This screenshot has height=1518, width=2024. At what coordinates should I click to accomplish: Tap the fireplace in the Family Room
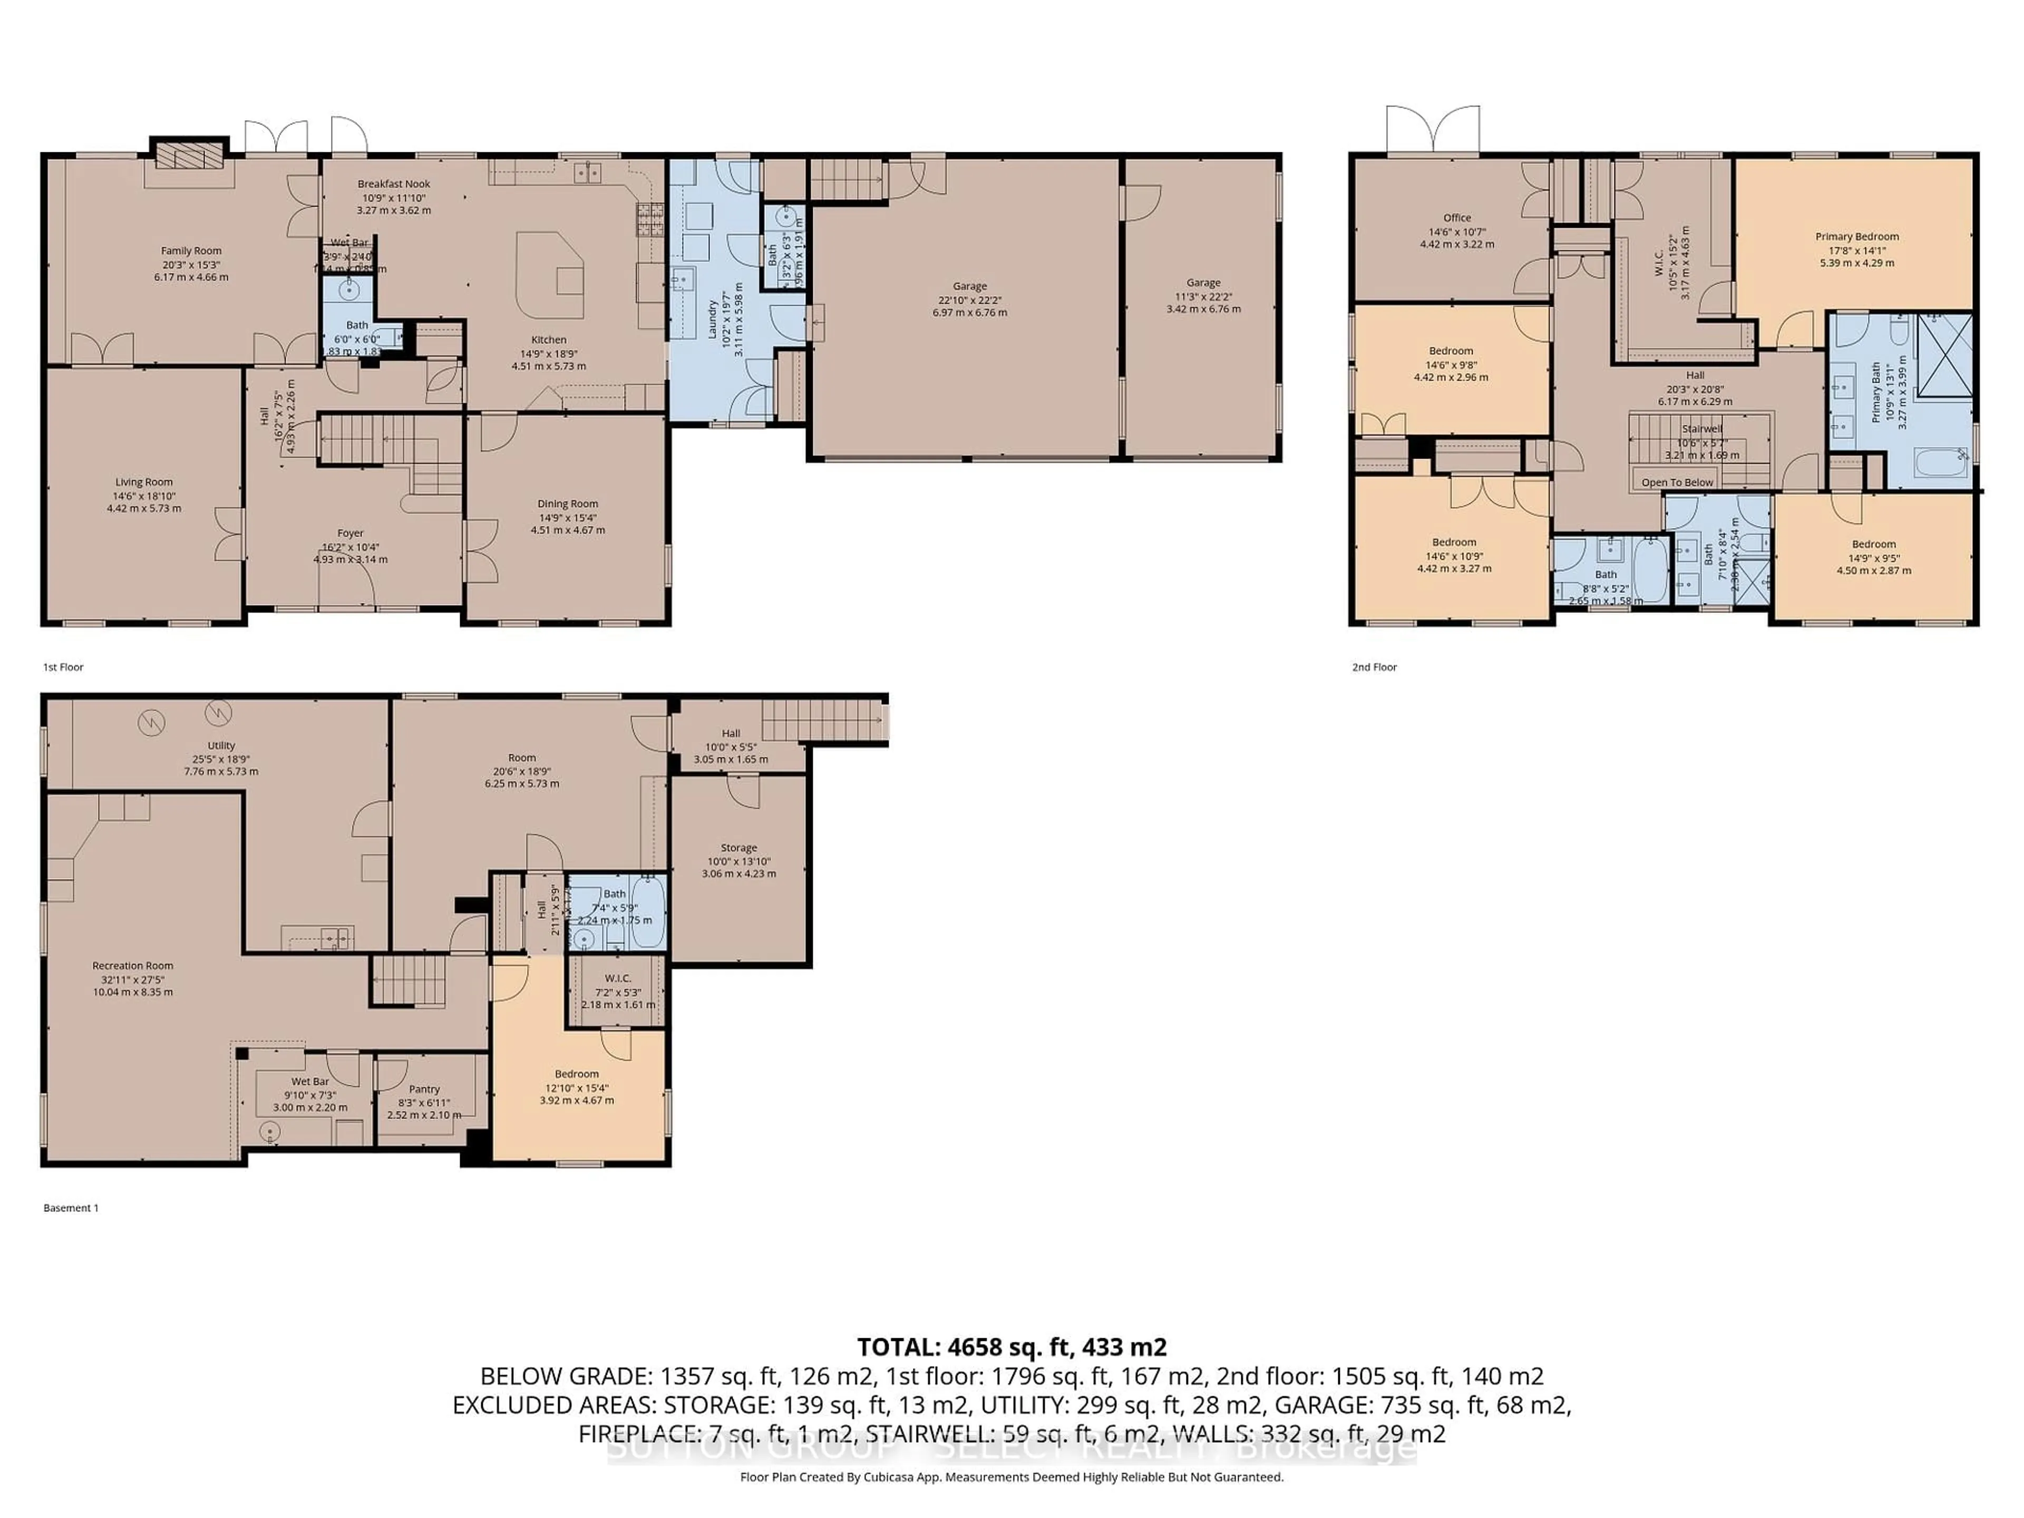(189, 154)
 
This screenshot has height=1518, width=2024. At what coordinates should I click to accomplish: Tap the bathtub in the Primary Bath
(1940, 462)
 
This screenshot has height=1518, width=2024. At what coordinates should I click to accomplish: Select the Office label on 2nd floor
(1457, 218)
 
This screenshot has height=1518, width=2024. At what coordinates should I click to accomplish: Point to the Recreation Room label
(133, 965)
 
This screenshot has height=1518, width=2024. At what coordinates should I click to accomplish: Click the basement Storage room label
(738, 848)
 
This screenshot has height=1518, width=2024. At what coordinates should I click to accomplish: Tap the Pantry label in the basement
(424, 1089)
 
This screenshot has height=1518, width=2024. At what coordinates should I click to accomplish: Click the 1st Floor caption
(63, 667)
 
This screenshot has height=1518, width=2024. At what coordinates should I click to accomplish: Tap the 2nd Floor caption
(1374, 667)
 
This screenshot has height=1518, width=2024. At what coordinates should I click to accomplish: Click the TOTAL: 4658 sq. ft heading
(1011, 1347)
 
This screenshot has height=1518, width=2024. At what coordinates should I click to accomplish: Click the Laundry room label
(712, 318)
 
